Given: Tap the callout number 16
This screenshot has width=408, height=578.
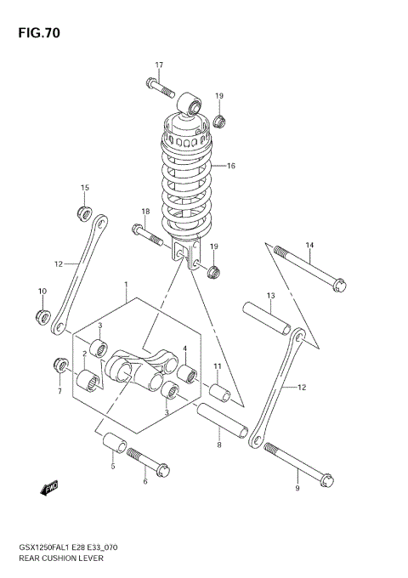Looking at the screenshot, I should click(x=230, y=166).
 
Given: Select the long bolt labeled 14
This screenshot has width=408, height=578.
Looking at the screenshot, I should click(x=309, y=268).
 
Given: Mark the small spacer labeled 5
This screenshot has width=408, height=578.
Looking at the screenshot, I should click(x=116, y=445).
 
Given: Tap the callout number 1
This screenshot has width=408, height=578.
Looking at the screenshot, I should click(x=125, y=285).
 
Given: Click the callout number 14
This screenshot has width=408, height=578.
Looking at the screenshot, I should click(x=309, y=246).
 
